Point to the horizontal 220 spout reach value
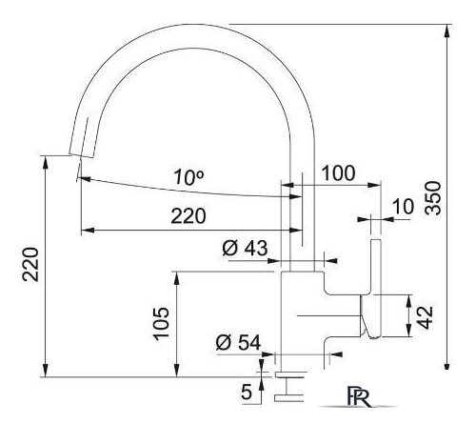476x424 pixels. (188, 216)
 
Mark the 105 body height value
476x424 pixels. (163, 324)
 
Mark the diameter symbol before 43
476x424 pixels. (229, 249)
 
